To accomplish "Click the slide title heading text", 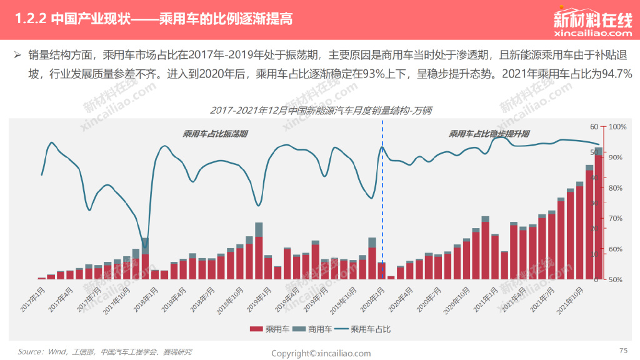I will click(x=153, y=18).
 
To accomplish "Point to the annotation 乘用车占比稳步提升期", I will click(x=489, y=134).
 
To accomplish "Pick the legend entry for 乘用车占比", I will click(x=364, y=328).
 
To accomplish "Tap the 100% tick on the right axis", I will click(x=617, y=127).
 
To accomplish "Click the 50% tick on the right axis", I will click(x=616, y=279).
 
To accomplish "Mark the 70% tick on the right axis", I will click(x=616, y=218).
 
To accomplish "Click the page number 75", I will click(x=622, y=350).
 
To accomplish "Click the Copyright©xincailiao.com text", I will click(x=321, y=353).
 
